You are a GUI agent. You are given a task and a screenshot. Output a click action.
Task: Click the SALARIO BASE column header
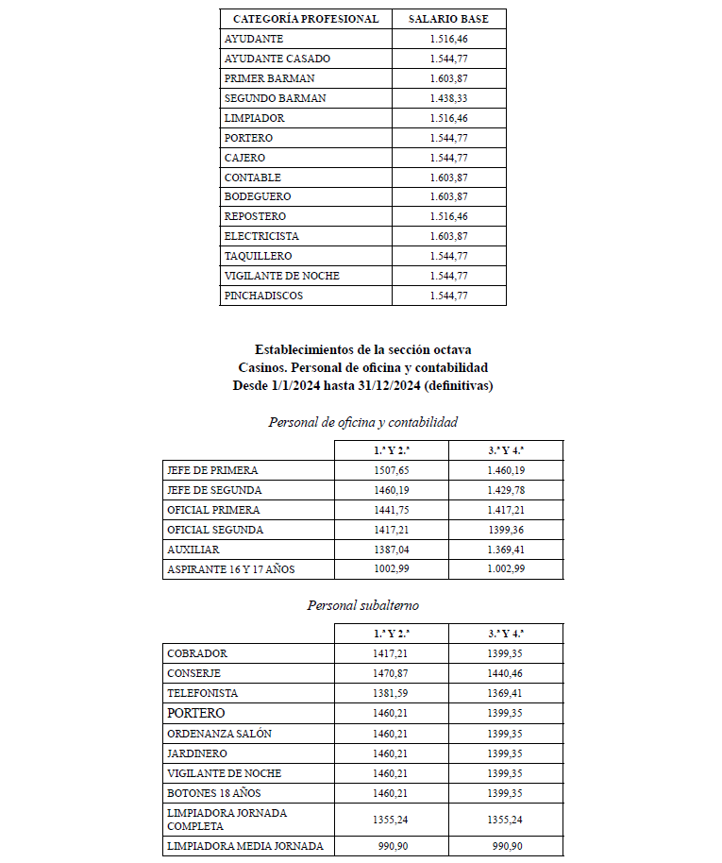click(448, 19)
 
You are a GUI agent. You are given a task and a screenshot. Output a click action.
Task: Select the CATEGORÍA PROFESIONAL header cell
click(306, 19)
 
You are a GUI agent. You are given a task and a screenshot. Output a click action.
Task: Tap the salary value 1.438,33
click(448, 98)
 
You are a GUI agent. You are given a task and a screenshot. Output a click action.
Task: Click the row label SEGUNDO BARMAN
click(275, 98)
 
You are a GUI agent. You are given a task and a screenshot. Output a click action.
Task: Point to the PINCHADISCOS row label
click(264, 296)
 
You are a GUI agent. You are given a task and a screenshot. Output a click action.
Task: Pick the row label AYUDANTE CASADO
click(277, 59)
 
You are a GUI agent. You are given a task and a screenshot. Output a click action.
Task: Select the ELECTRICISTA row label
click(261, 236)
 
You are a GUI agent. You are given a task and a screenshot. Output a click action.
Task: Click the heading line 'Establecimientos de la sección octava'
click(362, 349)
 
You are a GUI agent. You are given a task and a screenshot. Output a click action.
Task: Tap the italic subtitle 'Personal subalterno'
click(362, 604)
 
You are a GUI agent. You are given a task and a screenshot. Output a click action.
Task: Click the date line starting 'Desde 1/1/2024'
click(362, 385)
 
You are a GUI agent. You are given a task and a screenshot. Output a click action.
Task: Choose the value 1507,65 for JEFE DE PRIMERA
click(392, 470)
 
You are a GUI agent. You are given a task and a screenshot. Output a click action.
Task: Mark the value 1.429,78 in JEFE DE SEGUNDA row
click(506, 490)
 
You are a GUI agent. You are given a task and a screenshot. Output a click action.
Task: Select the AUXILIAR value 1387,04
click(392, 549)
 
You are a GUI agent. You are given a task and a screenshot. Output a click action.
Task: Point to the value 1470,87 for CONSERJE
click(392, 673)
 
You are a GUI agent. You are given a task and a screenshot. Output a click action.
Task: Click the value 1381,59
click(392, 693)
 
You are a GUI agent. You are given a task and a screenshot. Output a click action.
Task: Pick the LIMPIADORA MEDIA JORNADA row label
click(244, 846)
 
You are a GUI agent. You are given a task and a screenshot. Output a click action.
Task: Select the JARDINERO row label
click(196, 753)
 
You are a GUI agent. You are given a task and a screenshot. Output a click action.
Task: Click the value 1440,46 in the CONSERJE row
click(506, 673)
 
